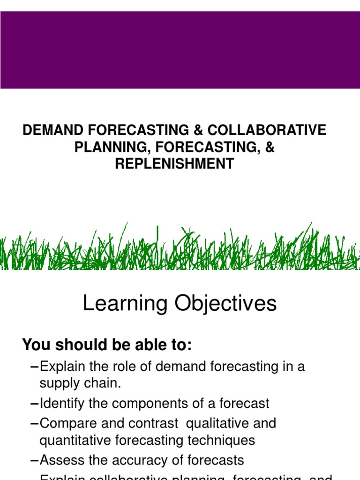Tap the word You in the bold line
coord(34,345)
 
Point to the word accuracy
coord(144,460)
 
